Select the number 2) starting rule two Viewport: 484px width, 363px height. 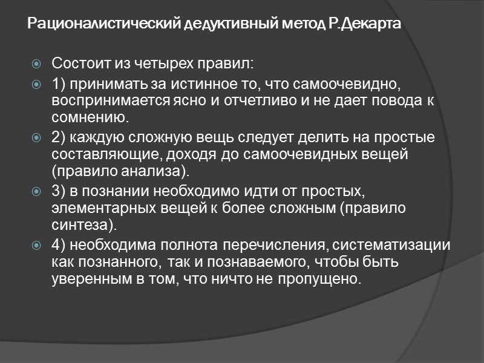[60, 137]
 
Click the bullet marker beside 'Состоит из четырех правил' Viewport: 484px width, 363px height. [38, 64]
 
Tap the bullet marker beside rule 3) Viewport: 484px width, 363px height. [38, 192]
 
